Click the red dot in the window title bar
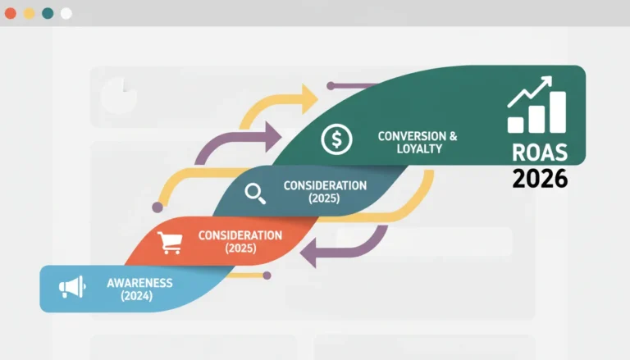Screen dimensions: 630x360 (x=11, y=13)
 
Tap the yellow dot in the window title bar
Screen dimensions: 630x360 (x=29, y=13)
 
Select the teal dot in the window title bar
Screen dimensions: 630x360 (x=48, y=13)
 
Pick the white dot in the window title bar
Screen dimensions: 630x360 (x=66, y=13)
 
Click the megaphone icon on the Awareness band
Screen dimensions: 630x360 (x=72, y=287)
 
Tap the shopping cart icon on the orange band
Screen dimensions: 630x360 (x=170, y=242)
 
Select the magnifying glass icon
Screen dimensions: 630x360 (x=255, y=194)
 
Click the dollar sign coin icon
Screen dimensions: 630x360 (x=336, y=139)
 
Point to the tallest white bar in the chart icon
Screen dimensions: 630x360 (x=558, y=112)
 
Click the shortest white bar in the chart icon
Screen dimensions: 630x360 (x=515, y=125)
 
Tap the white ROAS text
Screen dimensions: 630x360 (x=540, y=153)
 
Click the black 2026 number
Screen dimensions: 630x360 (x=540, y=179)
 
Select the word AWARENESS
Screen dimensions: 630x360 (x=139, y=283)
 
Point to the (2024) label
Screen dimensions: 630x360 (x=137, y=296)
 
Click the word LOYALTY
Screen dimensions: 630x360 (x=419, y=148)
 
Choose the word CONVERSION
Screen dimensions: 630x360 (x=413, y=136)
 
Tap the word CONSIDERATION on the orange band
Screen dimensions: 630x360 (x=240, y=235)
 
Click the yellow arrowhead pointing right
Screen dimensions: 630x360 (x=309, y=99)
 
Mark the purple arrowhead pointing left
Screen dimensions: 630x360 (x=308, y=253)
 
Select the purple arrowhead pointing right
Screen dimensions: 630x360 (x=273, y=137)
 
